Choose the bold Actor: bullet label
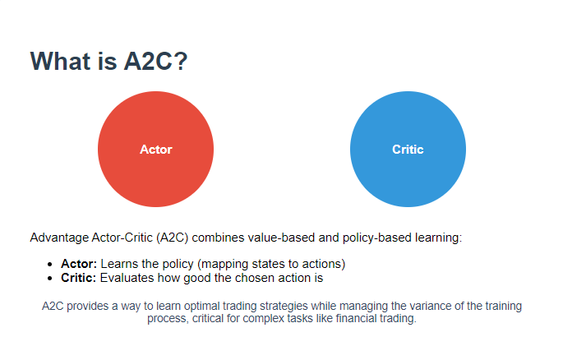(x=79, y=264)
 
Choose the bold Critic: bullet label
(x=79, y=278)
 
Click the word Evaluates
(x=127, y=278)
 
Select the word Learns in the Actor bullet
(x=119, y=264)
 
